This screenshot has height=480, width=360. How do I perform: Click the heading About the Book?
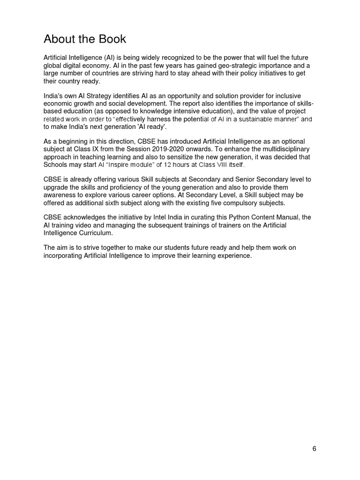pyautogui.click(x=85, y=38)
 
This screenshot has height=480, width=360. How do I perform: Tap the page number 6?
pyautogui.click(x=314, y=449)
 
